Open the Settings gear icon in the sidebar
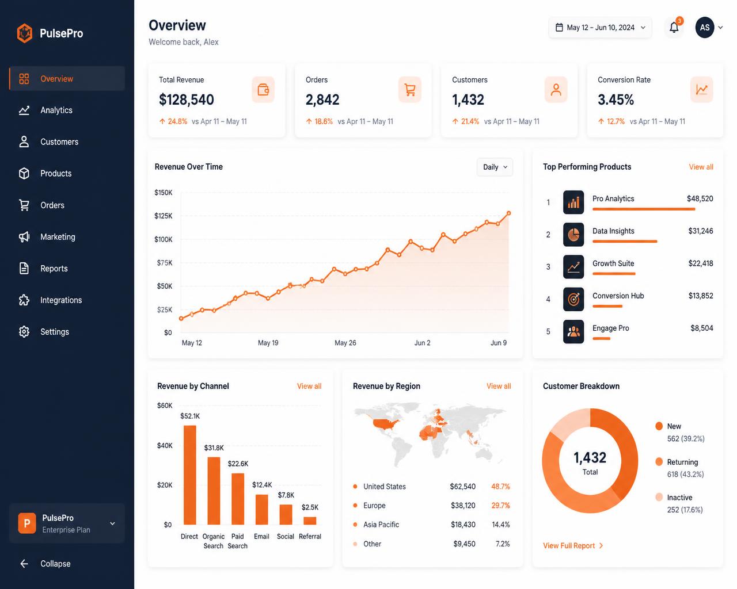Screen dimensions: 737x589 pyautogui.click(x=24, y=332)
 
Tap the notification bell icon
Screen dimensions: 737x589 pyautogui.click(x=674, y=28)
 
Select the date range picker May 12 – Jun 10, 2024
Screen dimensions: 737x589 pyautogui.click(x=600, y=28)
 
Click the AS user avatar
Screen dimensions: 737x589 pyautogui.click(x=704, y=28)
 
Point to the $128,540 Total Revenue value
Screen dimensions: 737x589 pyautogui.click(x=187, y=100)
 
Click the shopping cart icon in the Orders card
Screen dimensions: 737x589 pyautogui.click(x=409, y=90)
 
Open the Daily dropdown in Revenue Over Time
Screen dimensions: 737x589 pyautogui.click(x=495, y=167)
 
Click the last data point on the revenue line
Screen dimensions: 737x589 pyautogui.click(x=508, y=213)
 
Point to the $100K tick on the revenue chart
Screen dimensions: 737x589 pyautogui.click(x=164, y=239)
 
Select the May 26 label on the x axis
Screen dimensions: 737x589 pyautogui.click(x=345, y=343)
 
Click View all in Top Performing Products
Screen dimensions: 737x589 pyautogui.click(x=701, y=167)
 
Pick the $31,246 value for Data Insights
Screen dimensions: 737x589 pyautogui.click(x=700, y=231)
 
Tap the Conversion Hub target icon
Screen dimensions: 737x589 pyautogui.click(x=573, y=299)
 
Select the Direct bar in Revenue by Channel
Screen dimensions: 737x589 pyautogui.click(x=190, y=475)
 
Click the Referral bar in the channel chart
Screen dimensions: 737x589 pyautogui.click(x=310, y=521)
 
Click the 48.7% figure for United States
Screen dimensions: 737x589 pyautogui.click(x=500, y=486)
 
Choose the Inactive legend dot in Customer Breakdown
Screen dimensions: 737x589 pyautogui.click(x=659, y=497)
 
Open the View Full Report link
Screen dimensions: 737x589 pyautogui.click(x=573, y=545)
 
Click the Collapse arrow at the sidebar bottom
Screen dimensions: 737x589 pyautogui.click(x=24, y=564)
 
